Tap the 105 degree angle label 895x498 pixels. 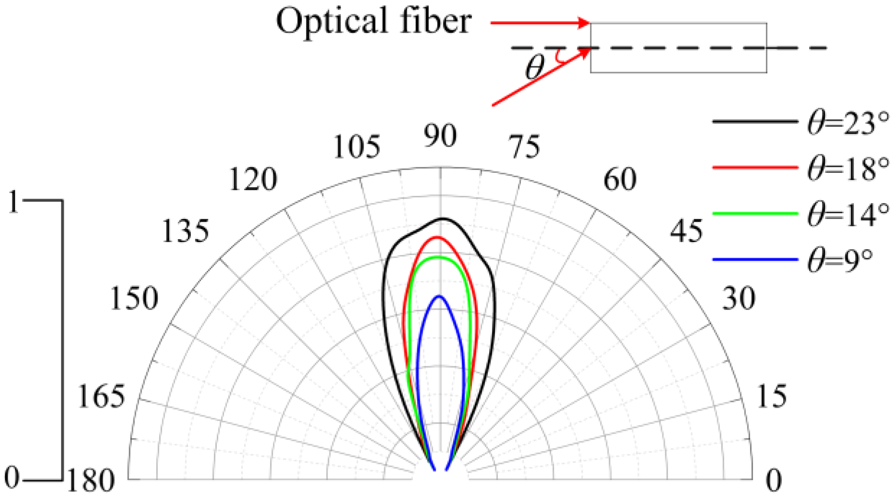click(x=356, y=147)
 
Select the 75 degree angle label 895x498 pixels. click(x=525, y=147)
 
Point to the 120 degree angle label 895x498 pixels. click(x=253, y=180)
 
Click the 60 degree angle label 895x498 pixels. click(x=620, y=180)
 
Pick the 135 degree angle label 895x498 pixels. click(x=186, y=231)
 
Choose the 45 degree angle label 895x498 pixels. click(x=686, y=231)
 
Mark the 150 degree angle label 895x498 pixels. click(x=134, y=298)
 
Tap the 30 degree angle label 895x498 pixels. click(x=739, y=298)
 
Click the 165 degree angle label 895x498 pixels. click(x=101, y=397)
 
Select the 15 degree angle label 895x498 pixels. click(x=771, y=397)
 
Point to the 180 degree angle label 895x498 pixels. click(x=90, y=481)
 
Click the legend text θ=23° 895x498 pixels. click(x=848, y=123)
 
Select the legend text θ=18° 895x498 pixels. click(x=848, y=169)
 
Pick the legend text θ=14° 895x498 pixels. click(x=848, y=214)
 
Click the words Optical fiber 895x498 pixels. click(x=374, y=22)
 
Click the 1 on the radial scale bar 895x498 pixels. click(x=13, y=202)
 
